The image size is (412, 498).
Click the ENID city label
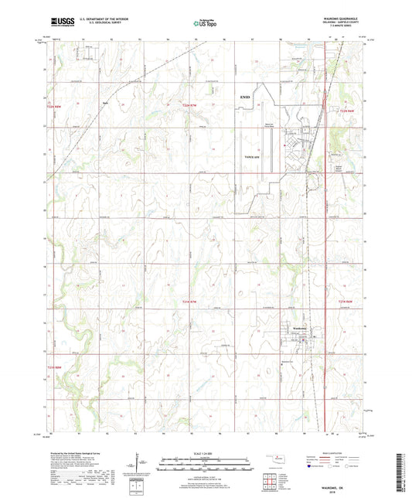[245, 97]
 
